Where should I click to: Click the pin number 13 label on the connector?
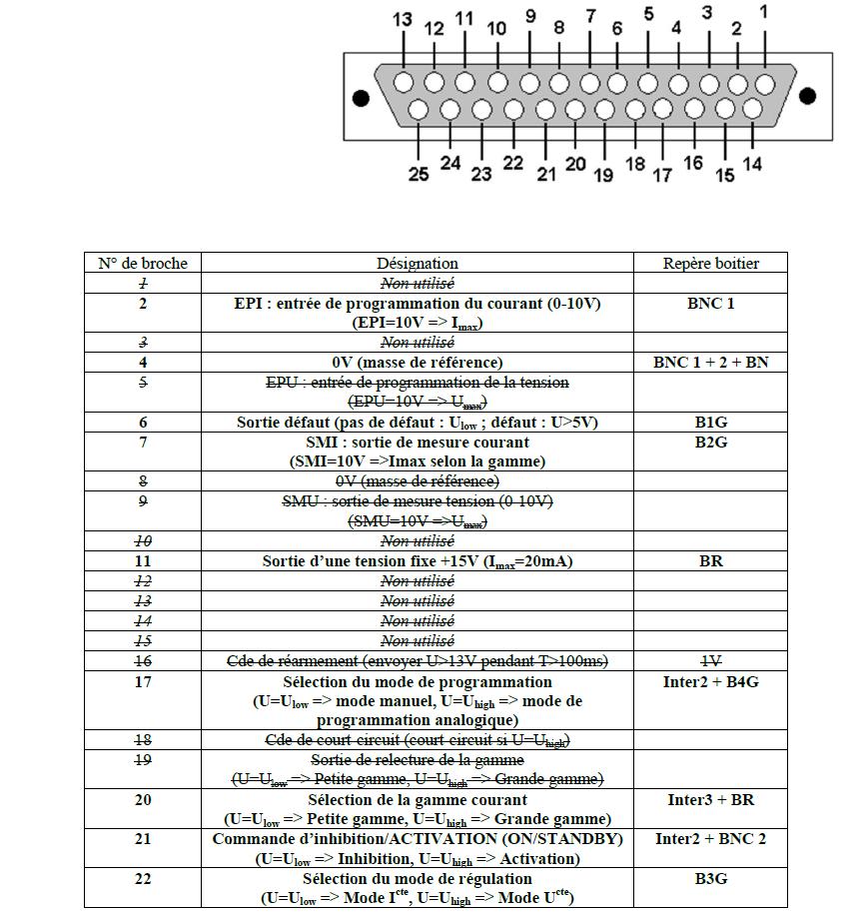(x=403, y=19)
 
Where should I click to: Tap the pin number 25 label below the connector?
(x=419, y=174)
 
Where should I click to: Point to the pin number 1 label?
(x=764, y=12)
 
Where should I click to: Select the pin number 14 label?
(x=752, y=165)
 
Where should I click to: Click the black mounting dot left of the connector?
(x=361, y=98)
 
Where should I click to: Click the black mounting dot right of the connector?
(x=808, y=96)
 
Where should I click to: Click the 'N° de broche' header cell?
(x=143, y=264)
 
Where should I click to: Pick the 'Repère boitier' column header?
(x=710, y=264)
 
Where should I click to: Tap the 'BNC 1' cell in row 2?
(x=710, y=303)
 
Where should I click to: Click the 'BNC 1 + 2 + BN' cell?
(x=710, y=363)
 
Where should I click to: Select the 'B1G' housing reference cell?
(x=710, y=423)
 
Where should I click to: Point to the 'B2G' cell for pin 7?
(x=710, y=443)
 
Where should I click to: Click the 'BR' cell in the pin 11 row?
(x=710, y=561)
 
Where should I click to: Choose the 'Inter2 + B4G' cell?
(x=710, y=682)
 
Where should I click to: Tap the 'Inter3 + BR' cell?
(x=710, y=800)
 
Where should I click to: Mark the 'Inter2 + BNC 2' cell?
(x=710, y=839)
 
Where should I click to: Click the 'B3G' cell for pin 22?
(x=710, y=879)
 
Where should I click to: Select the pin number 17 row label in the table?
(x=143, y=682)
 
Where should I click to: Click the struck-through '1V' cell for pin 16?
(x=710, y=661)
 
